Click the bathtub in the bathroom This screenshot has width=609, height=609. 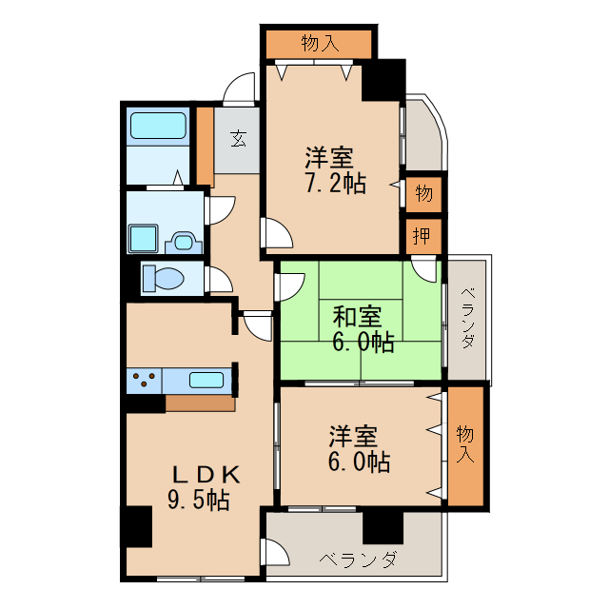(158, 126)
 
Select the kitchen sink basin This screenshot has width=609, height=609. (206, 380)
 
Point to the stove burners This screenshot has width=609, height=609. (144, 379)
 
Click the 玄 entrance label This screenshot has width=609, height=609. (238, 140)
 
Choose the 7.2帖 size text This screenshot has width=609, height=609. (336, 183)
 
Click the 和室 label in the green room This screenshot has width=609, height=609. (357, 317)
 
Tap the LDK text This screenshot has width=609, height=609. (206, 475)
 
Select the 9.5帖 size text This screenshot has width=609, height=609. (199, 500)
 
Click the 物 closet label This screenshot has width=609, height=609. (423, 193)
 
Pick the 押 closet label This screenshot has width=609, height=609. (422, 235)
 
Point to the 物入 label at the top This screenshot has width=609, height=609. (320, 42)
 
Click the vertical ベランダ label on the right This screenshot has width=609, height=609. (467, 318)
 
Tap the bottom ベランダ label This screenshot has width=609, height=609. (358, 560)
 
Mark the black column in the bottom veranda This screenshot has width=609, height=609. (383, 528)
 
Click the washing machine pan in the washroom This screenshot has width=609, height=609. (144, 239)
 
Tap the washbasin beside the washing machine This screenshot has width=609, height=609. (184, 243)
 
